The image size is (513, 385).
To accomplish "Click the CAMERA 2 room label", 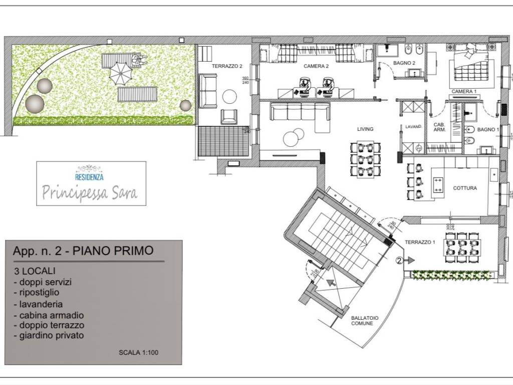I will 316,66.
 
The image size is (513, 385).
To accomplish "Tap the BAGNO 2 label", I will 404,63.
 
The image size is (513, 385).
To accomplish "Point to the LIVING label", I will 365,129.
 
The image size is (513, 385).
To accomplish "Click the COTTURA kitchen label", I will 465,188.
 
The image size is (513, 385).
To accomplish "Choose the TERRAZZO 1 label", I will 420,242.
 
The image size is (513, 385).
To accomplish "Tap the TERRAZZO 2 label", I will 227,66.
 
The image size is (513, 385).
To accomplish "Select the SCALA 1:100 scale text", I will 139,352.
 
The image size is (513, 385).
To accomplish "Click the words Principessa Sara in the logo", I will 90,192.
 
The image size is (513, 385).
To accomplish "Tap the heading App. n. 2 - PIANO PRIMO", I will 83,251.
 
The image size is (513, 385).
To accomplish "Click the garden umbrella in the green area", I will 120,73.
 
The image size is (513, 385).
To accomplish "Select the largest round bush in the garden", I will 35,103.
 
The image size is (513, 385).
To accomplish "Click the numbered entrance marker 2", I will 399,260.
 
